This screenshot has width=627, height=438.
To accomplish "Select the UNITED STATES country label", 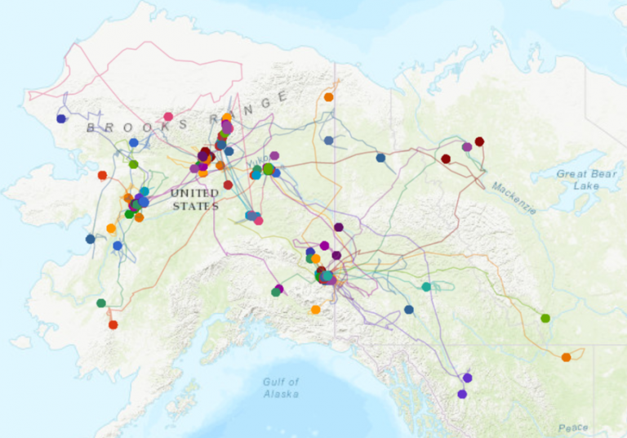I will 195,199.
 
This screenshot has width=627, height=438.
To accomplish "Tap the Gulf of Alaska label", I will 281,387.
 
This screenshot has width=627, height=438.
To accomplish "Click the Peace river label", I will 573,427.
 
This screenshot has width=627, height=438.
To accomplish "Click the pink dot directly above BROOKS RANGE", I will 168,117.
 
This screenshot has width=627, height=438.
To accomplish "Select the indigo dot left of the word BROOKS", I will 61,118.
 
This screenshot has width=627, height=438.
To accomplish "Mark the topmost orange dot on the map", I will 328,97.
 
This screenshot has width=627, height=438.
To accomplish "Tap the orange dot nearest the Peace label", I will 566,357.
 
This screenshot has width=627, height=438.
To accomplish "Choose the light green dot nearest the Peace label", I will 545,318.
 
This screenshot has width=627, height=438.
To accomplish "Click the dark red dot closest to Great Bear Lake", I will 479,141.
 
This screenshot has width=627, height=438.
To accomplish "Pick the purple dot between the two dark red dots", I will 467,147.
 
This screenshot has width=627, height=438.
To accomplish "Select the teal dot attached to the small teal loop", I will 426,286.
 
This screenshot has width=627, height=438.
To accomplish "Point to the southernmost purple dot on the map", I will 462,394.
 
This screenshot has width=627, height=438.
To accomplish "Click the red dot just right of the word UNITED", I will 229,185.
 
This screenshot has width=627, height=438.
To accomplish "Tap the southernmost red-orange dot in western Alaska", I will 113,324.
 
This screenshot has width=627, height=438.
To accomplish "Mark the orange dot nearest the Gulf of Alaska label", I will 315,310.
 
